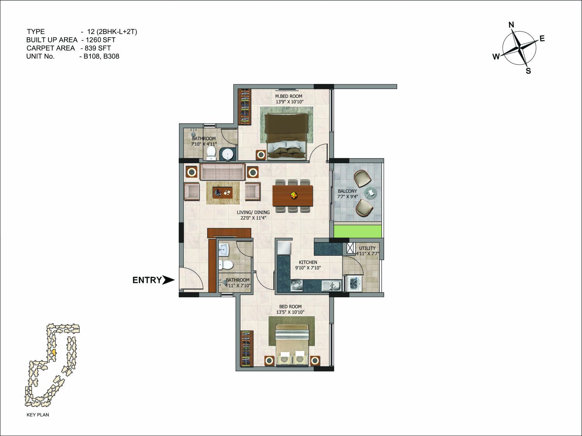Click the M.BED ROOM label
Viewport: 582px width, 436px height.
tap(288, 96)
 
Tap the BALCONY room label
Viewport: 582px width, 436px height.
tap(347, 191)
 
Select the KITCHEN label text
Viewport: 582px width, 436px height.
tap(308, 262)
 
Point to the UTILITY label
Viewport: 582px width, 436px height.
tap(367, 248)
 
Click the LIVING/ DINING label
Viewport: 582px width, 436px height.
tap(253, 212)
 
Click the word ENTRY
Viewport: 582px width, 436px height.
tap(147, 280)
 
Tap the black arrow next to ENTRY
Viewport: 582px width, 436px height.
tap(168, 280)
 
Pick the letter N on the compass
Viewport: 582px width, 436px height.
tap(511, 25)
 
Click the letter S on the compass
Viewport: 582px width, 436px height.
tap(528, 71)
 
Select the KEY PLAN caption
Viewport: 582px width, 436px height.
tap(38, 415)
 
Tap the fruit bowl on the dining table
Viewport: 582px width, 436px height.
tap(294, 195)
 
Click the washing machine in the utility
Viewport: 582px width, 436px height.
tap(353, 284)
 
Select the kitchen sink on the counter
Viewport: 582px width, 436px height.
tap(332, 286)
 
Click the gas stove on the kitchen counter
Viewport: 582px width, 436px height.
tap(297, 286)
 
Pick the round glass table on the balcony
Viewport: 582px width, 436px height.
tap(370, 193)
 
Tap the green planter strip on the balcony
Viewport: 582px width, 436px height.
tap(358, 231)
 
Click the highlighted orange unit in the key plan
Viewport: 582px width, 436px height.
tap(54, 352)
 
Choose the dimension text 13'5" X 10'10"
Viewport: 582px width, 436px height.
tap(290, 312)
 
